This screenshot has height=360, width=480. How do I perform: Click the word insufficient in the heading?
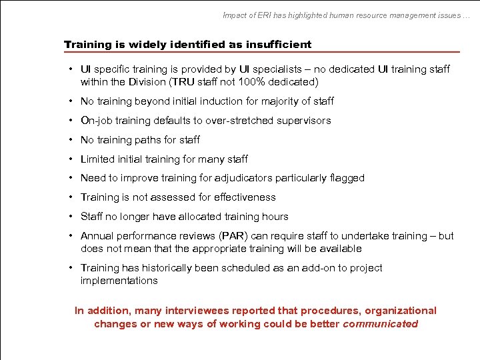(x=279, y=45)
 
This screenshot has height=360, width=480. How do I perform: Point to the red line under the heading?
(x=261, y=52)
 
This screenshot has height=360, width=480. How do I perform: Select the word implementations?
(x=119, y=281)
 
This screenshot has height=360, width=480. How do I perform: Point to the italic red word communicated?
(x=380, y=324)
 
